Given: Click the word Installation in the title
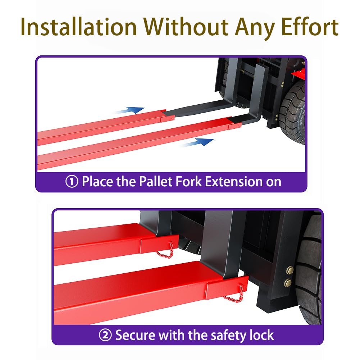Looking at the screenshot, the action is (79, 27).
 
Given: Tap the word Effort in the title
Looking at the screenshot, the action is (310, 27).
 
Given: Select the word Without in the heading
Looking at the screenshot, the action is (186, 27).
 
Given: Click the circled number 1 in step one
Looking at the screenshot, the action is (72, 182).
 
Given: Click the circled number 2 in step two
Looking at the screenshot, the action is (105, 335).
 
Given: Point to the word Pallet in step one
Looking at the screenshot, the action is (155, 181).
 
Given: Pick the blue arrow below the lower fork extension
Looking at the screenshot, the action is (198, 142).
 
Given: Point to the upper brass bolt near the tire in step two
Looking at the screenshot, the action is (290, 270).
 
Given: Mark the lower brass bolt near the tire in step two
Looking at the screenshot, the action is (288, 282).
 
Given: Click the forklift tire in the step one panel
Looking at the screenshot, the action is (292, 113).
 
